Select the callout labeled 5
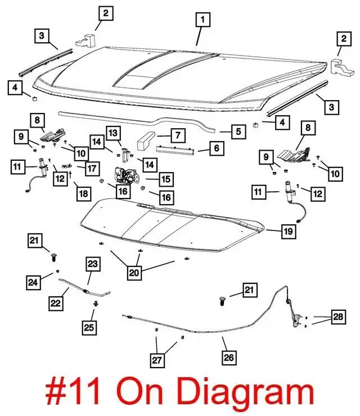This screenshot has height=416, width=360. (238, 132)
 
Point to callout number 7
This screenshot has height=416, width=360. (177, 135)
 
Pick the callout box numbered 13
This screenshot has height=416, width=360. (114, 133)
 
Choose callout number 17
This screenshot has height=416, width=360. (92, 168)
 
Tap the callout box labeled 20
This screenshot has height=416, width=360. (134, 273)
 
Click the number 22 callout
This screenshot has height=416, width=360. (55, 303)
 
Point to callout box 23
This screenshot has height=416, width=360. (92, 263)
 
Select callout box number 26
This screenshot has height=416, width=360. (229, 356)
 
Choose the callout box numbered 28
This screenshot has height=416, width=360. (337, 318)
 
